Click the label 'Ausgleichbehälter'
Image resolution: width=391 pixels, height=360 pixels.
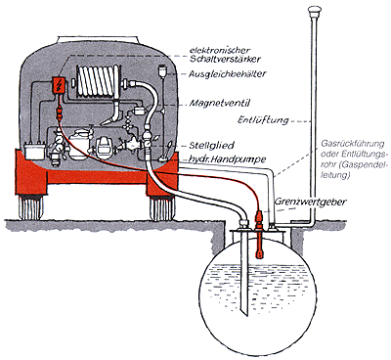pyautogui.click(x=227, y=74)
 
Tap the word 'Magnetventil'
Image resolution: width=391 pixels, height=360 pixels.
pyautogui.click(x=220, y=104)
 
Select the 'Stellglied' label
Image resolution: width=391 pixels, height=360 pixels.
pyautogui.click(x=211, y=145)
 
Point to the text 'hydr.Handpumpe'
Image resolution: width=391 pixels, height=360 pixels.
pyautogui.click(x=227, y=159)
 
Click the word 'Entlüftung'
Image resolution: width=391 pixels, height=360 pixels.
pyautogui.click(x=263, y=119)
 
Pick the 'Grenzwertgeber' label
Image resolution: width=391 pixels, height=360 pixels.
pyautogui.click(x=310, y=202)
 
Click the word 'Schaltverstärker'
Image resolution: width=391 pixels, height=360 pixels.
pyautogui.click(x=225, y=59)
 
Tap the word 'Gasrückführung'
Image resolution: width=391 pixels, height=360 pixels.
pyautogui.click(x=353, y=144)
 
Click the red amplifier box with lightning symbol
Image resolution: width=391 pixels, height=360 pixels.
pyautogui.click(x=59, y=84)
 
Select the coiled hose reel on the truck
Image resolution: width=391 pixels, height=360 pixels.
pyautogui.click(x=98, y=80)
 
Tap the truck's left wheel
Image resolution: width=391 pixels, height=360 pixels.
pyautogui.click(x=31, y=207)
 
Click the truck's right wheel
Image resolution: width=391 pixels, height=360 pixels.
pyautogui.click(x=162, y=207)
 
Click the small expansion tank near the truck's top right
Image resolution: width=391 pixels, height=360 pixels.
pyautogui.click(x=162, y=71)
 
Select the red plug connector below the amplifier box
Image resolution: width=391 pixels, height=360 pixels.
pyautogui.click(x=59, y=112)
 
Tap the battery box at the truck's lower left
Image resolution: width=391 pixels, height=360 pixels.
pyautogui.click(x=33, y=152)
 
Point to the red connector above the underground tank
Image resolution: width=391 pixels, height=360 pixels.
pyautogui.click(x=259, y=218)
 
